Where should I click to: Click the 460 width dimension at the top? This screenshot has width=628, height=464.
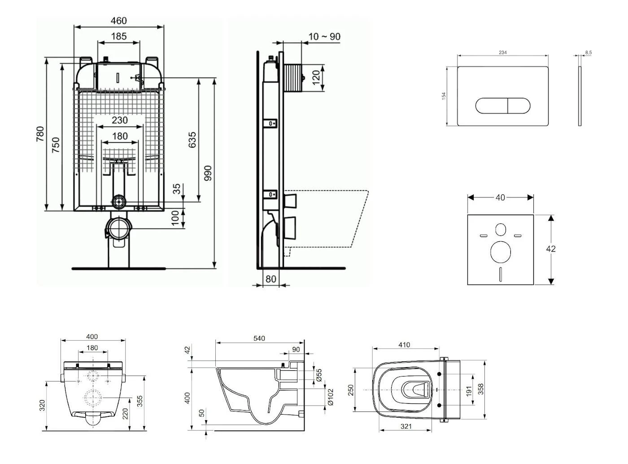pyautogui.click(x=119, y=21)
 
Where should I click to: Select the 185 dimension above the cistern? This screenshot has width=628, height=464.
pyautogui.click(x=119, y=36)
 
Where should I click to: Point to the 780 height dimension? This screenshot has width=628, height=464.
pyautogui.click(x=40, y=135)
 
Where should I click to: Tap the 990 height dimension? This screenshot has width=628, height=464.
pyautogui.click(x=208, y=173)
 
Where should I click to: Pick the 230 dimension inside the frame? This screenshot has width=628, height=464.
pyautogui.click(x=120, y=120)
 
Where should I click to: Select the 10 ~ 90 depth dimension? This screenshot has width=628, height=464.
pyautogui.click(x=324, y=37)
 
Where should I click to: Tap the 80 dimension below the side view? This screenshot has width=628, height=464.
pyautogui.click(x=270, y=279)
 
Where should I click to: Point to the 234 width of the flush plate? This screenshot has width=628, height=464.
pyautogui.click(x=503, y=53)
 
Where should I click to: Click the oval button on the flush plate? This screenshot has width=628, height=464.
pyautogui.click(x=503, y=105)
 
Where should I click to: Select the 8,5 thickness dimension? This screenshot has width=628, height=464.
pyautogui.click(x=588, y=53)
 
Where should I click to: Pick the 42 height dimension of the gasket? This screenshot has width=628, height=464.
pyautogui.click(x=551, y=249)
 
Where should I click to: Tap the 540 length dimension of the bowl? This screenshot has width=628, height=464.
pyautogui.click(x=259, y=338)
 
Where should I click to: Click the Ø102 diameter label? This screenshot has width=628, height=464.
pyautogui.click(x=331, y=397)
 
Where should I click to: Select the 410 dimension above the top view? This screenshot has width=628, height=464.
pyautogui.click(x=404, y=345)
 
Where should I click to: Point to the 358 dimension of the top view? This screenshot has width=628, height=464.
pyautogui.click(x=481, y=389)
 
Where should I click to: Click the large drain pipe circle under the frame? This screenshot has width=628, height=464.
pyautogui.click(x=119, y=229)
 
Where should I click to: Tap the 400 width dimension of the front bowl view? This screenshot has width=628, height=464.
pyautogui.click(x=92, y=337)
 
